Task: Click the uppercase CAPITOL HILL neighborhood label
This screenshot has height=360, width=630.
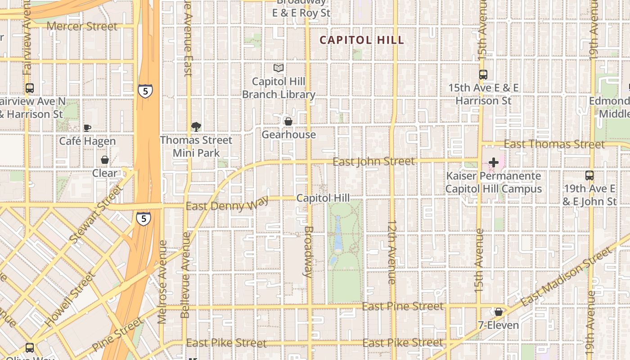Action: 362,40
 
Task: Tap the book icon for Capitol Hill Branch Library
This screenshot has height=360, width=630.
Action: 279,68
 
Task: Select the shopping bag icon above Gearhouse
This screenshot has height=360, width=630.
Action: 288,121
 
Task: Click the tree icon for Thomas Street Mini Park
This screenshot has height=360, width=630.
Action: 196,127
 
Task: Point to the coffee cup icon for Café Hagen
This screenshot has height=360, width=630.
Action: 87,128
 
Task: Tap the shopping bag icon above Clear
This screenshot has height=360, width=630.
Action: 105,160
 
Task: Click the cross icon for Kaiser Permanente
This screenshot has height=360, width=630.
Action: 494,162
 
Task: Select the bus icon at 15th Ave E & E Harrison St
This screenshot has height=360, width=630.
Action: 483,75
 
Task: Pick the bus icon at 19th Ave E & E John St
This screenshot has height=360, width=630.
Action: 589,175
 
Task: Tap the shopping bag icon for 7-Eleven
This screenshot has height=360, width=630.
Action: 499,312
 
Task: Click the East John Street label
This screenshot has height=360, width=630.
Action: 373,162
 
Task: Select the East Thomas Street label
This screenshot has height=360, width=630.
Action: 554,144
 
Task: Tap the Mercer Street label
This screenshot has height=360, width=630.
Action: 82,26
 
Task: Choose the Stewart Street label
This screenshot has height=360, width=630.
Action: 96,215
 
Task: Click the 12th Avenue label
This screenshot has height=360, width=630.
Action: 392,252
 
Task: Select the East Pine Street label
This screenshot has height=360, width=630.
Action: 403,306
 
